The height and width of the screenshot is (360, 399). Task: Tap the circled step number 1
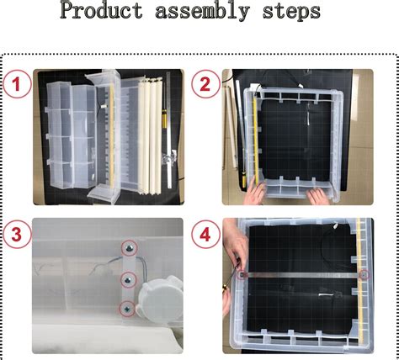coord(18,84)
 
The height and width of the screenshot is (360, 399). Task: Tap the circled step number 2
coord(205,84)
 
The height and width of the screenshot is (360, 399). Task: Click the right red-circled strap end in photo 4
coord(364,274)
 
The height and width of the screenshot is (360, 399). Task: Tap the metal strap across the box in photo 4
coord(303,274)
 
